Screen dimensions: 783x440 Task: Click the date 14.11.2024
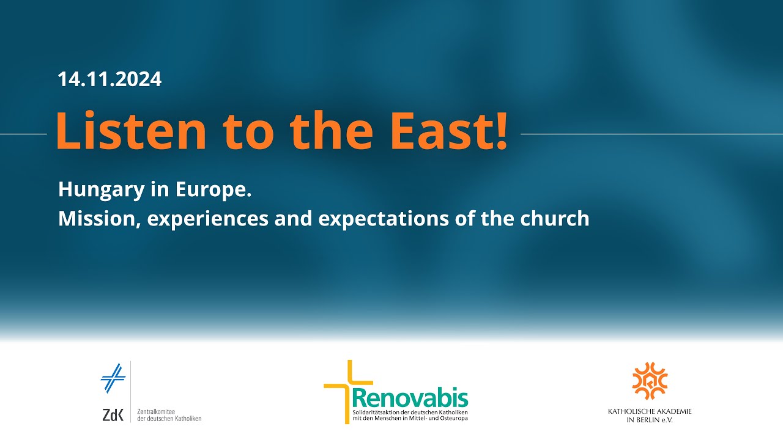point(109,79)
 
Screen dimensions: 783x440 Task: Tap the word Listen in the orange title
point(131,130)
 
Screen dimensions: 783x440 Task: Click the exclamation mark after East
point(501,131)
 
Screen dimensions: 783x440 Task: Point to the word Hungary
point(102,190)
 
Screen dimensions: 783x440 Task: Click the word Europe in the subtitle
point(210,190)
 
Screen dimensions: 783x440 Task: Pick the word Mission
point(97,219)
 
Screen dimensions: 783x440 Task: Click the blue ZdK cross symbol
point(113,378)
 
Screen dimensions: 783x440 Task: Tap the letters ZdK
point(113,415)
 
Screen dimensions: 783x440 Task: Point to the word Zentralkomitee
point(156,412)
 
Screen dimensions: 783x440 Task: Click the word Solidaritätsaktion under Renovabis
point(375,413)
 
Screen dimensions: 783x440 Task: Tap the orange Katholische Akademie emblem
point(650,381)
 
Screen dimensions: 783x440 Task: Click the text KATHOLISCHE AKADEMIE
point(650,411)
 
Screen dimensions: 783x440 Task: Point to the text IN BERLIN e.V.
point(650,420)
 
